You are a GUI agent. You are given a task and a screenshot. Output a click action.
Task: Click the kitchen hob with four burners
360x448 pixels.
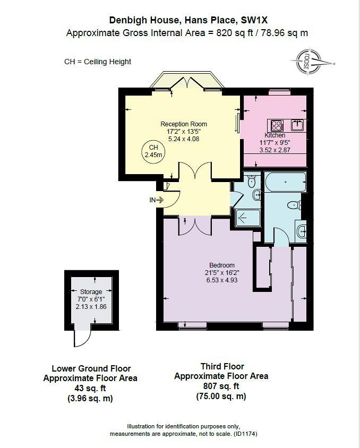(277, 125)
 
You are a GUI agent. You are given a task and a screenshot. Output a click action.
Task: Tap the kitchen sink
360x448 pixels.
(297, 125)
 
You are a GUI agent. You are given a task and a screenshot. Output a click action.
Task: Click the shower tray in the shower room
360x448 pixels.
(246, 218)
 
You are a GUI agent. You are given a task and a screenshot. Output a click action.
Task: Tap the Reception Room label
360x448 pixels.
(184, 124)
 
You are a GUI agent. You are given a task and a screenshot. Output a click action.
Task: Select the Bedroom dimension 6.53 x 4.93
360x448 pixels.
(221, 280)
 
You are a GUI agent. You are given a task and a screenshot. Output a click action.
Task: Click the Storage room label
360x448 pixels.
(91, 292)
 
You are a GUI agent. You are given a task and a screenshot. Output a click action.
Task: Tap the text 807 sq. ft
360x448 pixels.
(221, 386)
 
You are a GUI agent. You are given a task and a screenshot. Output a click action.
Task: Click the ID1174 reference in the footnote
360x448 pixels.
(246, 434)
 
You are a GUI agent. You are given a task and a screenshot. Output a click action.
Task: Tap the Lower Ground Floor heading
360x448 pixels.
(91, 368)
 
